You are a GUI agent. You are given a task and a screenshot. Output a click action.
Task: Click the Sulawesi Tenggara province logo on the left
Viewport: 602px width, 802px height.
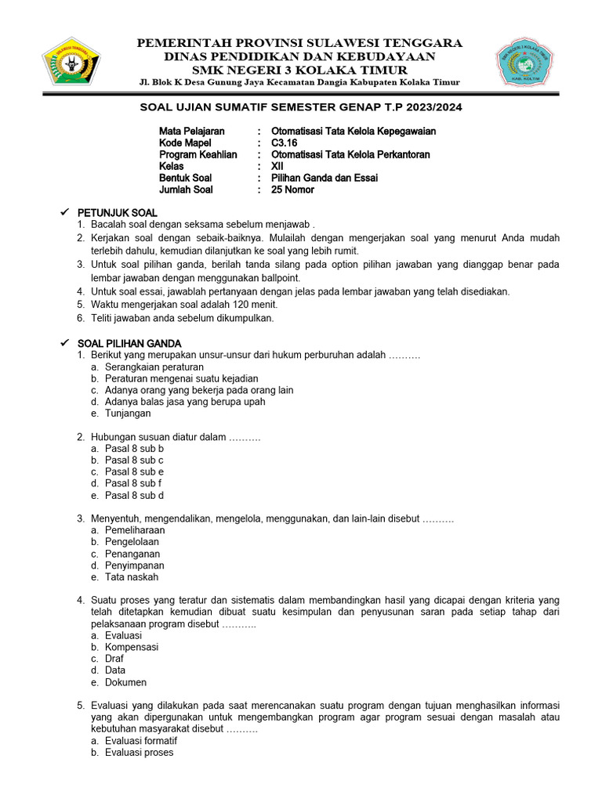(x=71, y=62)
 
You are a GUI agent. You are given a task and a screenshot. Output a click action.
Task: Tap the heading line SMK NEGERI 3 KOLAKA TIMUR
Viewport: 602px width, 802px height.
(x=300, y=70)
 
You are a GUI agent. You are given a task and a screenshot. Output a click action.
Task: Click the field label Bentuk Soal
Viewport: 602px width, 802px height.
(x=186, y=178)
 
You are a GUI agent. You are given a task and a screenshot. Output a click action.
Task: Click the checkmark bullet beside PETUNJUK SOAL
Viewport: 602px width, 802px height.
(x=65, y=213)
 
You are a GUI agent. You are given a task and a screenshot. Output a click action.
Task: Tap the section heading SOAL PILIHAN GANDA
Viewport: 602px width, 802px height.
(x=129, y=343)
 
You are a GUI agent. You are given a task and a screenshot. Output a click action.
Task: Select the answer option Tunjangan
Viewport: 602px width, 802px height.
(x=128, y=414)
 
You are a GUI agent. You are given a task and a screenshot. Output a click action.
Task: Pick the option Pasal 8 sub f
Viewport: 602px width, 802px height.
(x=133, y=483)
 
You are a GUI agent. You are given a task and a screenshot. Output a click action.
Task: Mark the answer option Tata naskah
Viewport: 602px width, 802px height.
(x=132, y=576)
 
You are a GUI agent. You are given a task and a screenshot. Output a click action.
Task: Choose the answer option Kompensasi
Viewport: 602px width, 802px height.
(x=132, y=647)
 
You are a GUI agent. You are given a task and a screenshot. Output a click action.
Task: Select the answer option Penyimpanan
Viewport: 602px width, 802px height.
(x=135, y=565)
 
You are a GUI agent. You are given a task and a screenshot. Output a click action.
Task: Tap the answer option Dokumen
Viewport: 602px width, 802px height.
(x=125, y=682)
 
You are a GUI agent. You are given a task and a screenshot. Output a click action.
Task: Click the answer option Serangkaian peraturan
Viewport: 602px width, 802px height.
(x=154, y=367)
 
